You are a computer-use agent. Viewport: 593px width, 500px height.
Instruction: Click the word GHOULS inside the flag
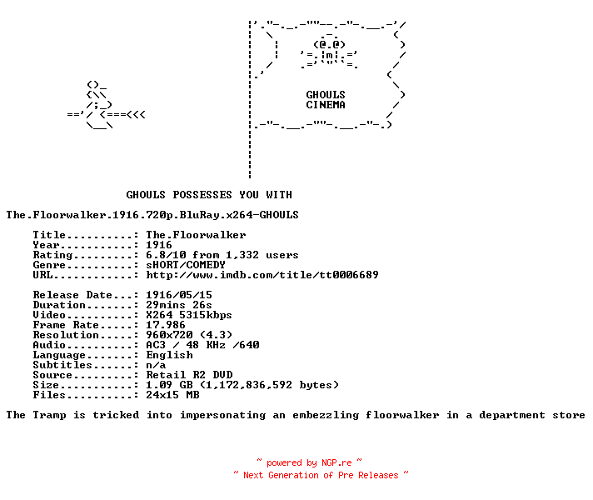click(326, 94)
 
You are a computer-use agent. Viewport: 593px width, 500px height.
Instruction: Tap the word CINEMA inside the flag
click(326, 104)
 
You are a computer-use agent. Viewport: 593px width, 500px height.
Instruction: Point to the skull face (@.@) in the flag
click(329, 44)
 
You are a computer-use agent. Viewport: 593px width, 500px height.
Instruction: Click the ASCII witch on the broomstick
click(106, 105)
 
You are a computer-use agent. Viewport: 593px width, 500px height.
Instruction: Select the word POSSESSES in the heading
click(202, 194)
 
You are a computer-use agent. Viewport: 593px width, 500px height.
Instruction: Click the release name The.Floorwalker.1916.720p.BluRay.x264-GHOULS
click(152, 215)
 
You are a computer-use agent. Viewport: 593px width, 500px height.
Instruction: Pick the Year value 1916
click(159, 245)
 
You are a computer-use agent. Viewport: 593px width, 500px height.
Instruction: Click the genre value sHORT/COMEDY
click(186, 264)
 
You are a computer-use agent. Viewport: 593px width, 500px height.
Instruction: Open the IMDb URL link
click(262, 274)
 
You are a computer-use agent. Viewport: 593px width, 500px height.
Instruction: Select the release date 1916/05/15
click(179, 294)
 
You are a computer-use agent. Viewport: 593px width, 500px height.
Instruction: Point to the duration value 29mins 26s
click(179, 305)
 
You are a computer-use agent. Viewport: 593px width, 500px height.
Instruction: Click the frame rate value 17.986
click(166, 325)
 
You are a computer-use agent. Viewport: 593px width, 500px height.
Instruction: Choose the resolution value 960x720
click(169, 335)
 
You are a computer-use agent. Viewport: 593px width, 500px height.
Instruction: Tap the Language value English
click(169, 355)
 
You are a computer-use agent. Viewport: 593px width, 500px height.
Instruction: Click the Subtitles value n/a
click(156, 365)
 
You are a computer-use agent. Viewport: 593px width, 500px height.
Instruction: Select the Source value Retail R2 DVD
click(189, 375)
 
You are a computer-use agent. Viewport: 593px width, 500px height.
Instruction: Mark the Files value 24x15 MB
click(172, 395)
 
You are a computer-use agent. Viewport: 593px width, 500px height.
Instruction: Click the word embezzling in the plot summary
click(326, 415)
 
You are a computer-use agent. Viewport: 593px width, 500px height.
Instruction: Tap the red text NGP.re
click(336, 462)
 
